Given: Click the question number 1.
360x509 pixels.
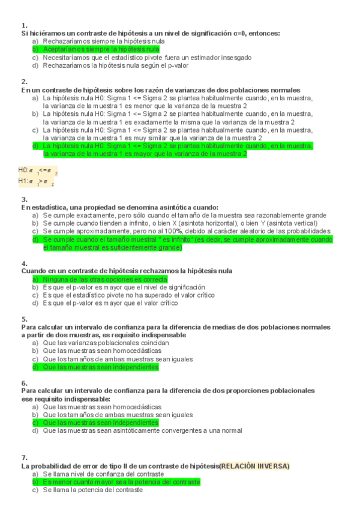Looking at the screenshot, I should [x=24, y=26].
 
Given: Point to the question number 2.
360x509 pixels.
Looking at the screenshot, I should [x=24, y=82].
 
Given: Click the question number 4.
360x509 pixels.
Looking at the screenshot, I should [x=24, y=264].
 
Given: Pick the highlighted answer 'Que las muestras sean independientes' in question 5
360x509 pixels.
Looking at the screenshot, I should [x=100, y=367].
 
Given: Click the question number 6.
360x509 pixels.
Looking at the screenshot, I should [x=24, y=383].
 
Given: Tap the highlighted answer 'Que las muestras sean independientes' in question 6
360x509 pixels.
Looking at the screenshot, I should [x=100, y=423].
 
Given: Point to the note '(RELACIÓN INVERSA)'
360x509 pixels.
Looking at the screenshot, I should [x=254, y=466].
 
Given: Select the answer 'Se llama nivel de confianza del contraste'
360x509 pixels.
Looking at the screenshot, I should [x=103, y=474].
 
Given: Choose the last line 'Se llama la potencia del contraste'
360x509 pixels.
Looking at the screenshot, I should [x=92, y=490].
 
